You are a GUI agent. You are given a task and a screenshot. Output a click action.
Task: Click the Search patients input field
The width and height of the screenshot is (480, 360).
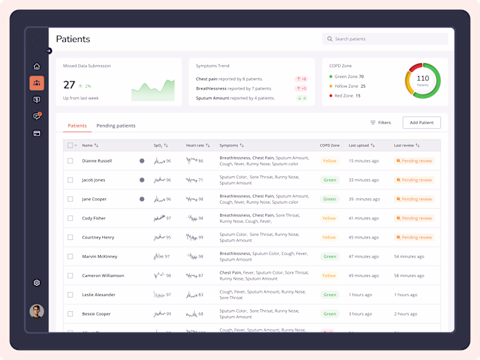(x=385, y=39)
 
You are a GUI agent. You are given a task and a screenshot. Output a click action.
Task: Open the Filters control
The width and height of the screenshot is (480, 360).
(x=381, y=123)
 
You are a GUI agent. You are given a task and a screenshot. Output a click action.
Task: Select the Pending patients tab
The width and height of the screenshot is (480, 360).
(x=116, y=125)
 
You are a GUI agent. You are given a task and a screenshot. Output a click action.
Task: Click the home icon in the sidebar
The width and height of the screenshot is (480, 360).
(x=37, y=67)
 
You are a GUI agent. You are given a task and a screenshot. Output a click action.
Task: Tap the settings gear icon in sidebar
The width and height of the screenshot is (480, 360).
(x=37, y=283)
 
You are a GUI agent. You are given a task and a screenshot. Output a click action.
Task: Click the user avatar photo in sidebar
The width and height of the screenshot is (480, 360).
(x=37, y=311)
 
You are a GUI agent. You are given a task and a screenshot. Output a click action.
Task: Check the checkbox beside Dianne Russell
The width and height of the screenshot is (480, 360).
(x=70, y=160)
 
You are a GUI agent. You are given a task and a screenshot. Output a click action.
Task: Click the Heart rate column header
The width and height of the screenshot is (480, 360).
(x=196, y=145)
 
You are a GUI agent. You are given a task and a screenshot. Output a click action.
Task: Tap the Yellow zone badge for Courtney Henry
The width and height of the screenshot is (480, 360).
(x=329, y=237)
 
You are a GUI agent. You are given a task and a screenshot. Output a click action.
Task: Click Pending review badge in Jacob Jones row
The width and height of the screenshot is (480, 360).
(x=414, y=180)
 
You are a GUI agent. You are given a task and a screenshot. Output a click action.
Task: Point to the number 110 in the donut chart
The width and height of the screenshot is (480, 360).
(x=423, y=78)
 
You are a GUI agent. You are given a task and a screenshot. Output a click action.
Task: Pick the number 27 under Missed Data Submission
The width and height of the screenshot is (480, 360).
(x=69, y=85)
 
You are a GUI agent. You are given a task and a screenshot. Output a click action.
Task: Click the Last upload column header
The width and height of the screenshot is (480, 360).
(x=361, y=145)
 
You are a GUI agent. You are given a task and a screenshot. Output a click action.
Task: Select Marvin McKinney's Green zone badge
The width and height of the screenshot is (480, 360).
(x=329, y=256)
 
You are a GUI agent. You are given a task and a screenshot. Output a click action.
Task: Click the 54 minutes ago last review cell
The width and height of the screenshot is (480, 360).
(x=410, y=256)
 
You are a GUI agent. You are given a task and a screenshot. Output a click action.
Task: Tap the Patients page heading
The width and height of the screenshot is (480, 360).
(x=73, y=39)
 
